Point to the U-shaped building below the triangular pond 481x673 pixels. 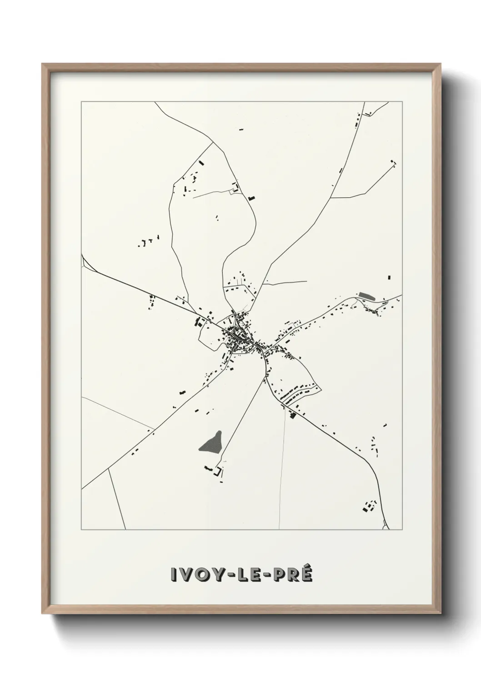(x=219, y=472)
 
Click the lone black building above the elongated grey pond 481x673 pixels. (x=389, y=277)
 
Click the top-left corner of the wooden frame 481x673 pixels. (x=42, y=64)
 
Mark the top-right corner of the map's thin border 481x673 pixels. (x=403, y=101)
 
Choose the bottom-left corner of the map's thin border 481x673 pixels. (x=81, y=530)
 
